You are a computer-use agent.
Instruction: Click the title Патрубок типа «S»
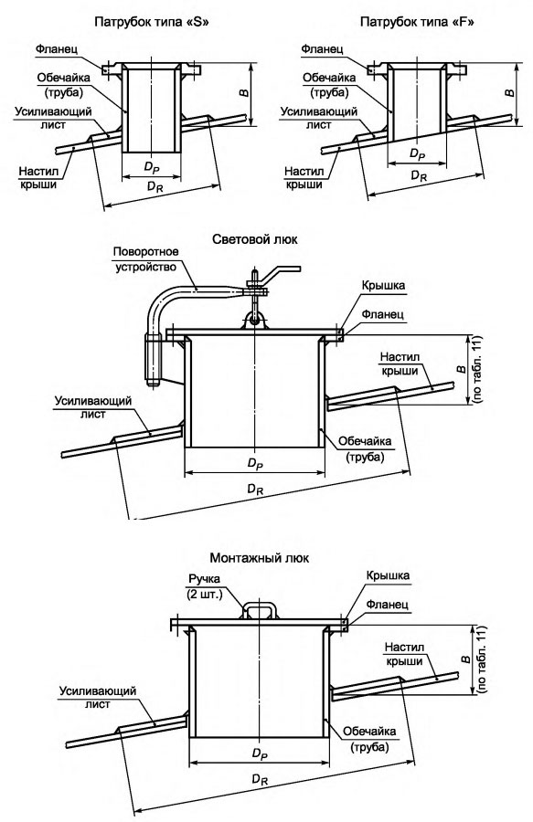151,23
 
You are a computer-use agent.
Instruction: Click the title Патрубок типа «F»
417,23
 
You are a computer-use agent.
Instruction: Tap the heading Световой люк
255,239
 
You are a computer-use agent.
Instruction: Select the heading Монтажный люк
259,558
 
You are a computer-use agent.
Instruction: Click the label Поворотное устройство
145,259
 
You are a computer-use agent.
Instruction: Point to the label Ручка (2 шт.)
204,586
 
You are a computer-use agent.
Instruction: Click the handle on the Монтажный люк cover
259,609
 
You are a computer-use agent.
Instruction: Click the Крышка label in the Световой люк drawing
383,286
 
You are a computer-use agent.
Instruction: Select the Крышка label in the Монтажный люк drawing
388,575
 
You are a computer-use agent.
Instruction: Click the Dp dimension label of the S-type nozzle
151,167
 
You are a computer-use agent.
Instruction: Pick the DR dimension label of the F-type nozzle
419,175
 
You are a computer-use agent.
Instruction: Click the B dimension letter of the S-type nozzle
244,93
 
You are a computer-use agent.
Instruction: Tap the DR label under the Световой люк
255,490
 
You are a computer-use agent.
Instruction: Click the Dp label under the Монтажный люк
260,754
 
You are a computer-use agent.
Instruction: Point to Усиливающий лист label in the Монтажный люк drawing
98,697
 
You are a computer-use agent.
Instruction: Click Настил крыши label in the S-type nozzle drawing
38,178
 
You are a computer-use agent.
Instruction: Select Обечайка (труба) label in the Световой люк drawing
365,449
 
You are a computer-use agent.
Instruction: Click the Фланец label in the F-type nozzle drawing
322,48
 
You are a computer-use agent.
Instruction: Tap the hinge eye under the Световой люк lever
254,320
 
